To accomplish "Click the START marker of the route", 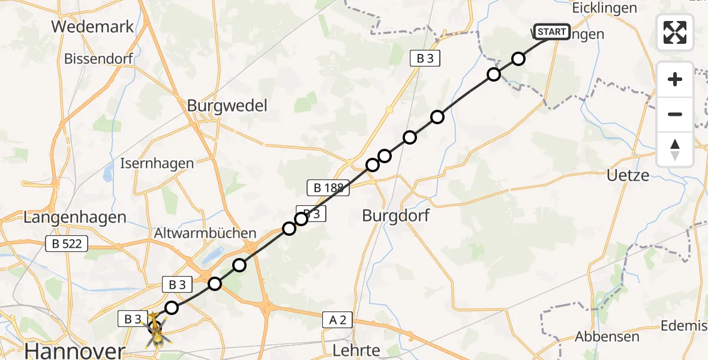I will [x=551, y=31].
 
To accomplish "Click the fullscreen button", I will [x=675, y=32].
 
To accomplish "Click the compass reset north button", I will [x=675, y=149].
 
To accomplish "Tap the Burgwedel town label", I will [x=227, y=106].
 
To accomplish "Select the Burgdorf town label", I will [x=396, y=215].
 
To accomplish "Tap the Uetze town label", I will [x=628, y=176].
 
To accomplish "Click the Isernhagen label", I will [x=157, y=163].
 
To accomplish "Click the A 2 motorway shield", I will [x=338, y=320].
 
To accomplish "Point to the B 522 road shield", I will [x=67, y=244].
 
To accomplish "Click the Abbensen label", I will [x=607, y=337].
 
